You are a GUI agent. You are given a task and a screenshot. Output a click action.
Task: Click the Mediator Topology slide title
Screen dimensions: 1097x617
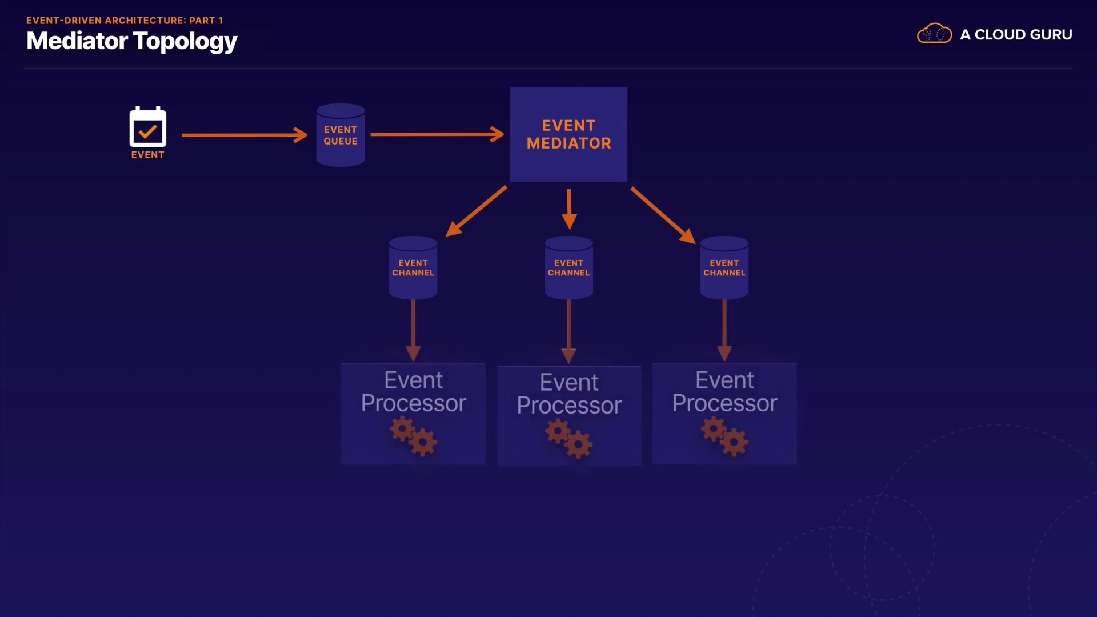131,42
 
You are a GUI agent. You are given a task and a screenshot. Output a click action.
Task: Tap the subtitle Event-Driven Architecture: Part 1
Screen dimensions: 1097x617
125,21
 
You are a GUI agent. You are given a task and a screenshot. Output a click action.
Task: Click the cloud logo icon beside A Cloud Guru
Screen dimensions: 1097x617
934,34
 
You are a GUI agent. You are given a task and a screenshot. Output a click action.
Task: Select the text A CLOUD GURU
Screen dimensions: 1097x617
1016,35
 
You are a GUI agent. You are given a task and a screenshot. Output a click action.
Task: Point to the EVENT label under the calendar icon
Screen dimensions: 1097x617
148,155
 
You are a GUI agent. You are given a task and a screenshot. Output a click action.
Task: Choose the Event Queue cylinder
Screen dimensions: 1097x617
341,135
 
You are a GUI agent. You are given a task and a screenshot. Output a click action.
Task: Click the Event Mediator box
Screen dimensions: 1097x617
568,134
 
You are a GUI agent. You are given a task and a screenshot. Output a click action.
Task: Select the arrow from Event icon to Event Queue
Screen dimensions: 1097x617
245,135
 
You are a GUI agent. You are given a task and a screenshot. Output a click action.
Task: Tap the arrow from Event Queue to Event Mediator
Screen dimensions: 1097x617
437,135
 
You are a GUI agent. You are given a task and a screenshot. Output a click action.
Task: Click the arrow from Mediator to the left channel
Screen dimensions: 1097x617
476,211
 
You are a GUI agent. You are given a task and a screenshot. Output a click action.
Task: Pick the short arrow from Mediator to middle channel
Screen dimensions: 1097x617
569,209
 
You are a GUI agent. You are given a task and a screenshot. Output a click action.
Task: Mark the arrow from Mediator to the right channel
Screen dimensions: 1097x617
663,215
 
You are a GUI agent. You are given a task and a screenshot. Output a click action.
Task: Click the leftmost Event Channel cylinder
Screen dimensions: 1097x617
413,267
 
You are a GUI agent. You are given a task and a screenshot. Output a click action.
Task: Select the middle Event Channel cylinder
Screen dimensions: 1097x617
568,267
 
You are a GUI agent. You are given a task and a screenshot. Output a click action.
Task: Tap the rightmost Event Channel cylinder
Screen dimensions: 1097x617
724,267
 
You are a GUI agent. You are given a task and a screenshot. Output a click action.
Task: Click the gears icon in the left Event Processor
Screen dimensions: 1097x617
414,436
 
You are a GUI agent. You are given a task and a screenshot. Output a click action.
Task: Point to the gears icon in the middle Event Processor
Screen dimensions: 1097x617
569,438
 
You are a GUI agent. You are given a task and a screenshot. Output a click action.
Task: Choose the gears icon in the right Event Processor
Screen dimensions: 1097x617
725,436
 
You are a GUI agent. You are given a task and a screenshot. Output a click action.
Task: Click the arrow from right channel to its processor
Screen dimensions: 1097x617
724,331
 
